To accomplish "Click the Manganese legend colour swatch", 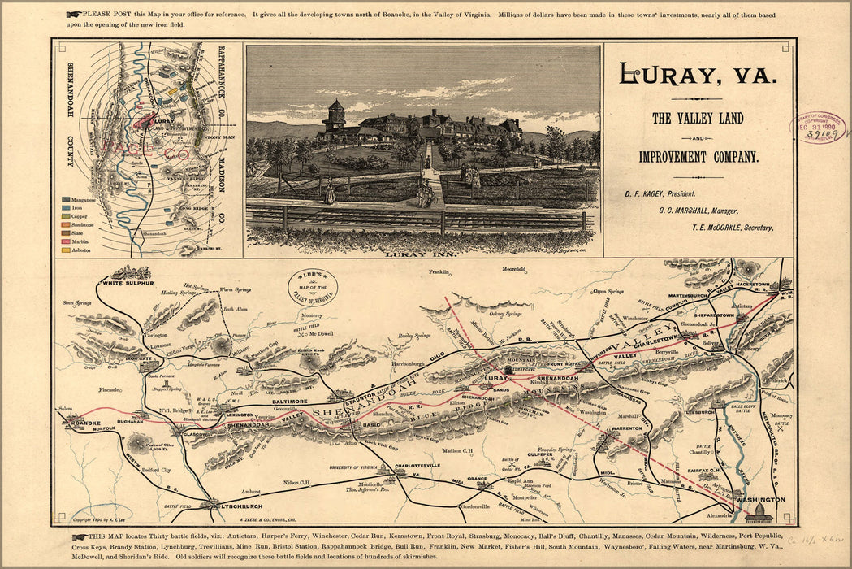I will [x=65, y=198].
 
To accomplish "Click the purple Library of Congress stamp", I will [x=818, y=128].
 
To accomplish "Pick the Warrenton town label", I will [x=627, y=428].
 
